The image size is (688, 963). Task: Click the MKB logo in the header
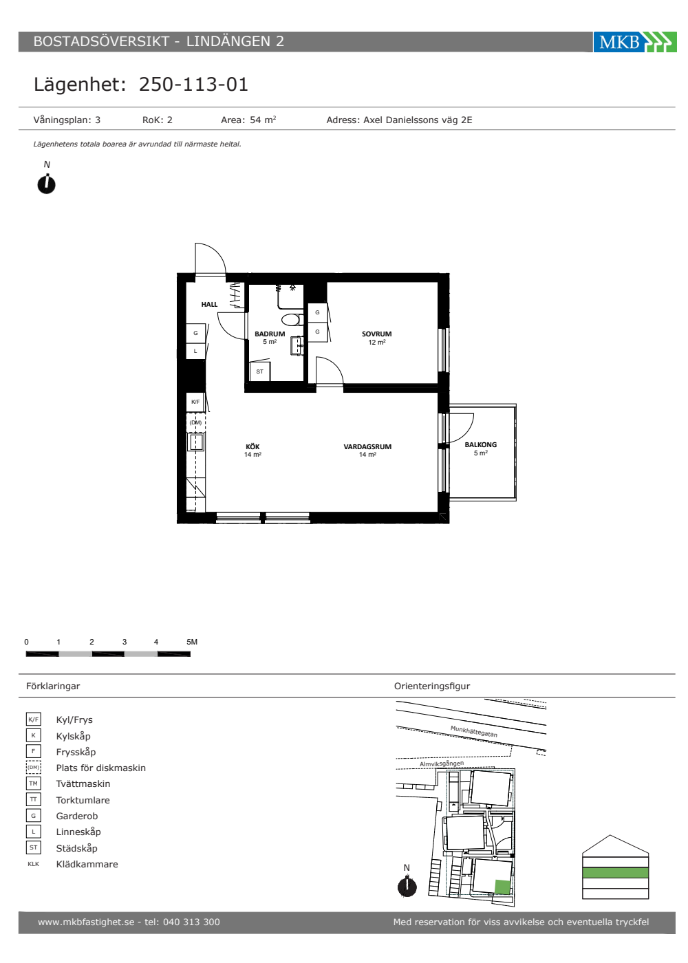pyautogui.click(x=634, y=42)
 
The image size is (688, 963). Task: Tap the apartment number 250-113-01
pyautogui.click(x=193, y=84)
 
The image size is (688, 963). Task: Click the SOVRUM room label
pyautogui.click(x=377, y=334)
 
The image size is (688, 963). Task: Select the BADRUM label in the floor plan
pyautogui.click(x=270, y=334)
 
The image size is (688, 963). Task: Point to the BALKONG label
pyautogui.click(x=480, y=444)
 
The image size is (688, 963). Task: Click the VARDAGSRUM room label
pyautogui.click(x=367, y=446)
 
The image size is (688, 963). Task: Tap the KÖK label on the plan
pyautogui.click(x=252, y=446)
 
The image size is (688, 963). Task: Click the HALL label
pyautogui.click(x=209, y=304)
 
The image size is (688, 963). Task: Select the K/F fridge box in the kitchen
pyautogui.click(x=195, y=402)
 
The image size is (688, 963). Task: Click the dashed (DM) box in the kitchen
pyautogui.click(x=195, y=422)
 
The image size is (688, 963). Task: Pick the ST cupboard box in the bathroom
pyautogui.click(x=260, y=372)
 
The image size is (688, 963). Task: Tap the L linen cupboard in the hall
pyautogui.click(x=195, y=351)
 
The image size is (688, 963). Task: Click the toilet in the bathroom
pyautogui.click(x=292, y=319)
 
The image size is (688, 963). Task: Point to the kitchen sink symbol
pyautogui.click(x=196, y=442)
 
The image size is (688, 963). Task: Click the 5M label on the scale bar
pyautogui.click(x=192, y=642)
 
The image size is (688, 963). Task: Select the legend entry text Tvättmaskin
pyautogui.click(x=83, y=783)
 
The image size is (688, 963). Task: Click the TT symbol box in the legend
pyautogui.click(x=34, y=799)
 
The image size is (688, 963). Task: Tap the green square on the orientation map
pyautogui.click(x=503, y=887)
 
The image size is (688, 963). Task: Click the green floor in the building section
pyautogui.click(x=615, y=872)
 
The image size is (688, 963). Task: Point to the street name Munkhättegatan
pyautogui.click(x=474, y=731)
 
